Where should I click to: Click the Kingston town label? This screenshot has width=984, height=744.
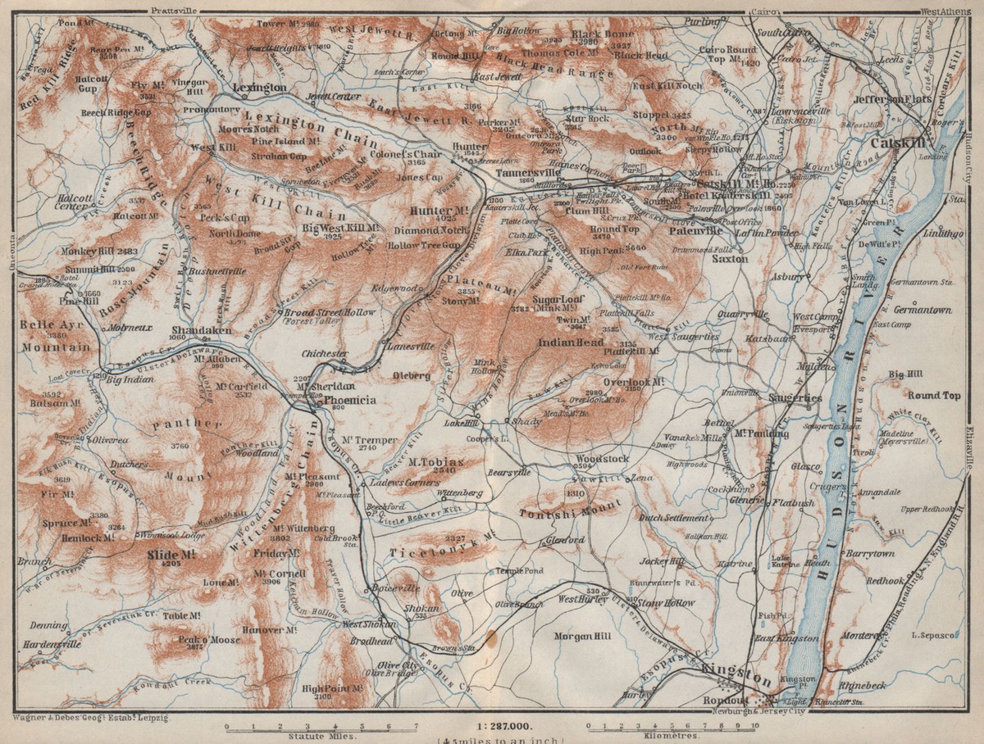pyautogui.click(x=736, y=679)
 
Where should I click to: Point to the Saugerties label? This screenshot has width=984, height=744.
pyautogui.click(x=795, y=397)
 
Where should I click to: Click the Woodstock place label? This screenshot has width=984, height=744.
pyautogui.click(x=601, y=459)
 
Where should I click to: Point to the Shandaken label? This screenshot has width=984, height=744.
pyautogui.click(x=201, y=330)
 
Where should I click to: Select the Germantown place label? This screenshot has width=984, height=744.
pyautogui.click(x=922, y=311)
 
